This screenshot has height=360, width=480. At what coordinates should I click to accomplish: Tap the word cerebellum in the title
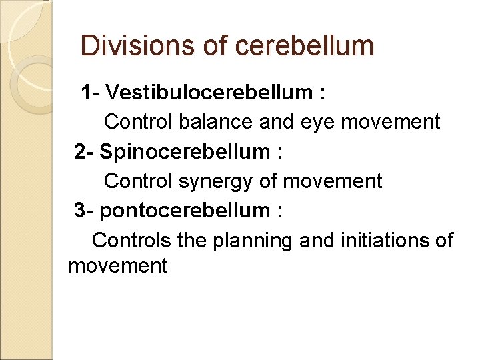(x=305, y=46)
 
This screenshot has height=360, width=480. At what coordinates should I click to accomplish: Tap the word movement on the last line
(x=117, y=266)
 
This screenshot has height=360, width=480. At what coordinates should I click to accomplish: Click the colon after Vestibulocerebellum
(x=323, y=93)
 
